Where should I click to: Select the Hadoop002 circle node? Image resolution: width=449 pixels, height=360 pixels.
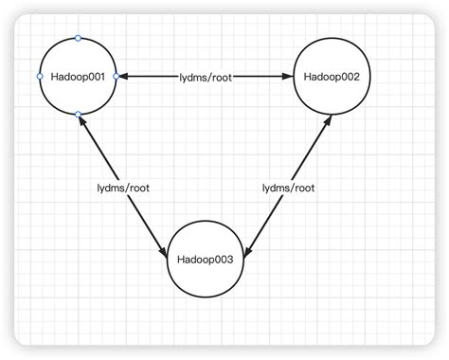tap(331, 76)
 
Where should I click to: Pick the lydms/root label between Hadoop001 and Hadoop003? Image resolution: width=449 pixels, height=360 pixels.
tap(123, 188)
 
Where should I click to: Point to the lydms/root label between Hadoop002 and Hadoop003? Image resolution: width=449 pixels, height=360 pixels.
tap(288, 188)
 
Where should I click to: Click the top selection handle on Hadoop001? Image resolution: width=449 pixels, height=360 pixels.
tap(78, 38)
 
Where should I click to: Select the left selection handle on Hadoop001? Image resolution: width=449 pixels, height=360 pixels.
tap(40, 76)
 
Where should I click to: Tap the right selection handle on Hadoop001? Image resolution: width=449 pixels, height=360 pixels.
tap(116, 76)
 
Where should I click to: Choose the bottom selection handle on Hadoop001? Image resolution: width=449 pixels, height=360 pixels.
tap(78, 114)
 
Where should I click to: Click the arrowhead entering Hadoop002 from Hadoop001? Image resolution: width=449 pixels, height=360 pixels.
tap(288, 76)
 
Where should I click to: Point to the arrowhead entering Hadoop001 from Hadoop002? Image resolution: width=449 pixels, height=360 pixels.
tap(122, 76)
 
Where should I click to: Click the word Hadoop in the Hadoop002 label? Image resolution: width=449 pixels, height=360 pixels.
tap(320, 76)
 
